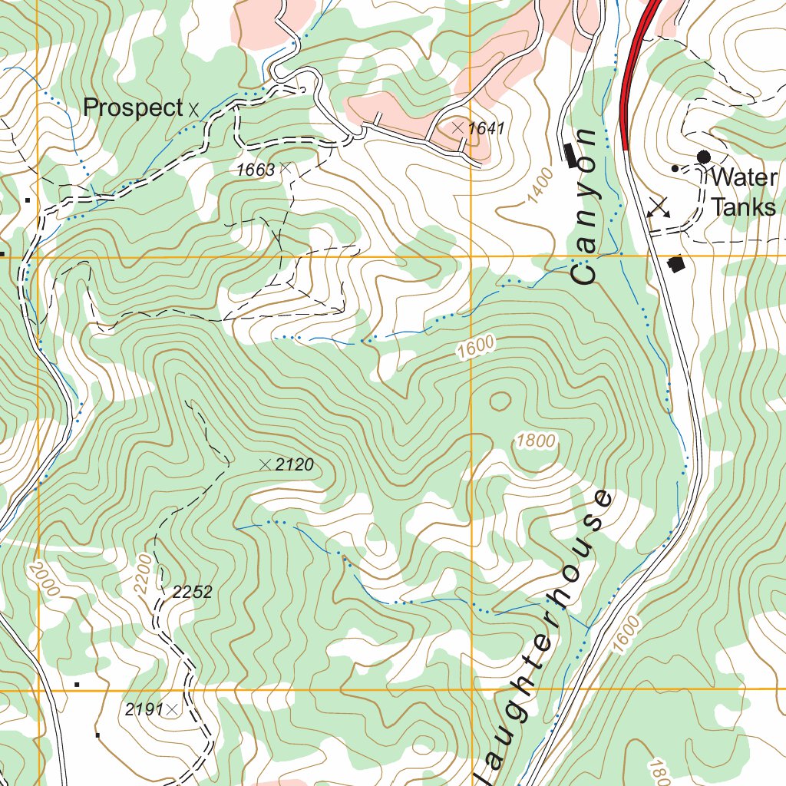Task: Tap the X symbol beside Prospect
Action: (x=193, y=110)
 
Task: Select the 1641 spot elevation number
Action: (x=487, y=128)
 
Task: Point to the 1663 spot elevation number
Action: (x=256, y=170)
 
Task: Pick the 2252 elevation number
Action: (x=193, y=593)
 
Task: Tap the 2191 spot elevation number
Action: (x=144, y=710)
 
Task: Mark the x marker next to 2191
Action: (x=172, y=710)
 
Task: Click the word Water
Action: (x=744, y=178)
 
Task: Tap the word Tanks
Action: (x=744, y=207)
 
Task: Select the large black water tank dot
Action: (x=703, y=157)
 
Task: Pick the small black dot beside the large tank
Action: (x=675, y=168)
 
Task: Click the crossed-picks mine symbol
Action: (x=659, y=207)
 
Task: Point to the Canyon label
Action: (x=586, y=207)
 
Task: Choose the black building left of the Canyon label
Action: (x=570, y=155)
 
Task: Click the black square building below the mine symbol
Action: (x=676, y=265)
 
